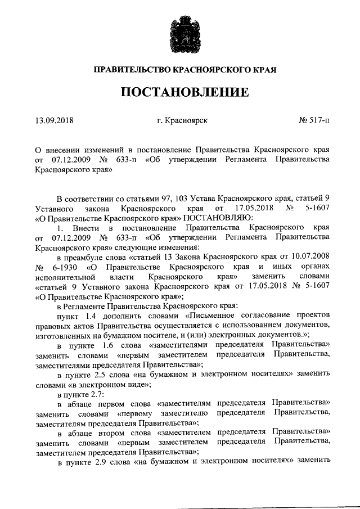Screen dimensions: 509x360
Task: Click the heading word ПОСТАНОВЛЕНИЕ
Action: click(x=180, y=92)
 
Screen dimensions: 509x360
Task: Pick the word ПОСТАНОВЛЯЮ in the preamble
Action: click(x=223, y=217)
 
